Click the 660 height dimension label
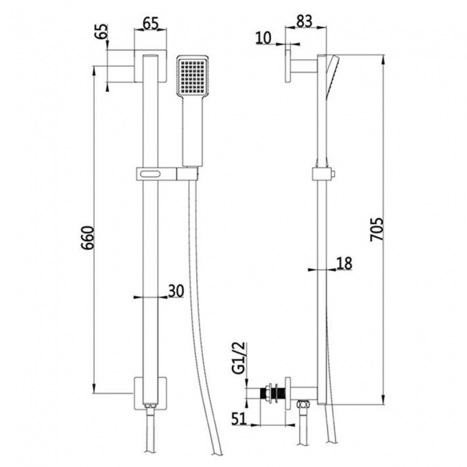pos(88,239)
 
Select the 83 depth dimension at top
pos(304,22)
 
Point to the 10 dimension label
pos(264,38)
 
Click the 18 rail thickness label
pos(344,263)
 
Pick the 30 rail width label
pos(176,291)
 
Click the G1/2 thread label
pos(238,357)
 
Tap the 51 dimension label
pos(239,418)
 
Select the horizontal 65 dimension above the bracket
pos(150,24)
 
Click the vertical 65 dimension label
pos(101,31)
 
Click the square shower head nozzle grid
pos(193,77)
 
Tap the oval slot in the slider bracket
pos(151,174)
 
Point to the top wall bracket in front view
pos(150,66)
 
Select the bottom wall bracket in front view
pos(150,394)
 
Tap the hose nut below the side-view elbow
pos(303,405)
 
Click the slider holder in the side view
pos(323,174)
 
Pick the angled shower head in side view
pos(332,75)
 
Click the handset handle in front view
pos(193,131)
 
